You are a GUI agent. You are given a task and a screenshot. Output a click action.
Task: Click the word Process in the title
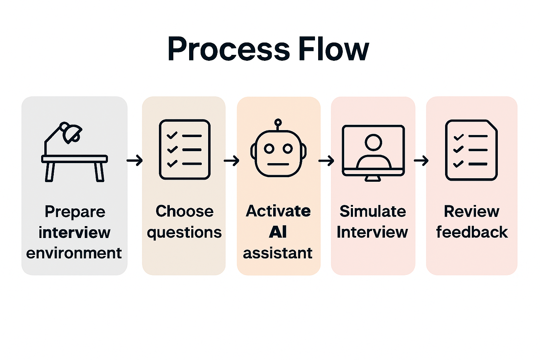click(229, 49)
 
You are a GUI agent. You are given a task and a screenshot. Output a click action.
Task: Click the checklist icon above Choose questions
click(185, 150)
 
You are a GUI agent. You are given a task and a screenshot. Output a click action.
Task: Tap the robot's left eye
click(269, 149)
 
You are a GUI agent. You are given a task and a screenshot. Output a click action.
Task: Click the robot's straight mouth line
click(278, 164)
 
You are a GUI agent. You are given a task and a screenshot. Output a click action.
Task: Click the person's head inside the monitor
click(373, 142)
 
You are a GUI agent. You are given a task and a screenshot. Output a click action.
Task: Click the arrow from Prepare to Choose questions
click(135, 161)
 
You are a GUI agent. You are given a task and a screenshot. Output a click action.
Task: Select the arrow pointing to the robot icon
click(231, 161)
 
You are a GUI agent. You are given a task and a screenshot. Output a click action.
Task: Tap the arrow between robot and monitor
click(326, 161)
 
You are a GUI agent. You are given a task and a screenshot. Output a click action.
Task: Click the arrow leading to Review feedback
click(421, 161)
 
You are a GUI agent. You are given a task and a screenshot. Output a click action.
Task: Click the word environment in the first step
click(74, 253)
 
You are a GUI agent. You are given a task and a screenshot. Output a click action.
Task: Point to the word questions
click(184, 233)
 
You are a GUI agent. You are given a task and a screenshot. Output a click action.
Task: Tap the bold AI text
click(278, 232)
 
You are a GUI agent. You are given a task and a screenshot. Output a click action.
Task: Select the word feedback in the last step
click(472, 232)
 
